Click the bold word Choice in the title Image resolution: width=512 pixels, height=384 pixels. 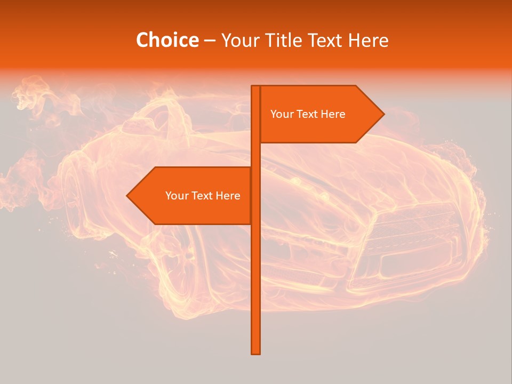click(x=167, y=40)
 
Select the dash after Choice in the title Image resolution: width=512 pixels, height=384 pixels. click(x=210, y=41)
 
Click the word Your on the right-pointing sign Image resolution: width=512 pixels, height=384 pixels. click(x=281, y=114)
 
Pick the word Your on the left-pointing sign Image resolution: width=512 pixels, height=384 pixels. click(x=176, y=196)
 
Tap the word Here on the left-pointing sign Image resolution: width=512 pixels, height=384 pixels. click(x=228, y=196)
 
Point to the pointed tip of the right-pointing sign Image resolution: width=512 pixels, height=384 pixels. click(x=383, y=114)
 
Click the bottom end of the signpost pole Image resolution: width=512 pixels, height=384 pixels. click(x=255, y=352)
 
